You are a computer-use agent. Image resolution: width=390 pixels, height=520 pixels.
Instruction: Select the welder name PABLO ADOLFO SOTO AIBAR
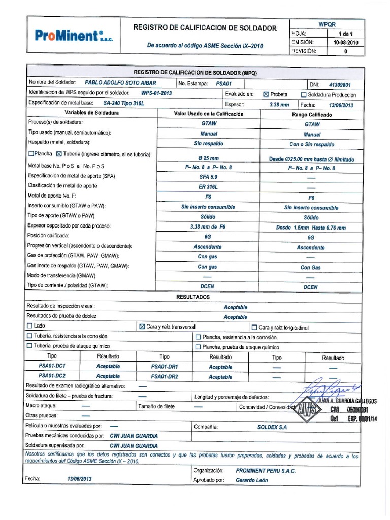(x=120, y=83)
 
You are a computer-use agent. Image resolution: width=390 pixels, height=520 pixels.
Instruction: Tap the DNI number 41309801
(x=340, y=85)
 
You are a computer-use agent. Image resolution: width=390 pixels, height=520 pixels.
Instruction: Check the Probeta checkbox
(x=266, y=94)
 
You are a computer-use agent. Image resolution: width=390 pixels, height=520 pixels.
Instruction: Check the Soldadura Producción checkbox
(x=304, y=94)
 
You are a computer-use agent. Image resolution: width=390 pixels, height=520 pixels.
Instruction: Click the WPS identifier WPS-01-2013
(x=156, y=93)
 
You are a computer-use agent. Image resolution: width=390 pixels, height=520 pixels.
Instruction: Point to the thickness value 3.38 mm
(x=279, y=105)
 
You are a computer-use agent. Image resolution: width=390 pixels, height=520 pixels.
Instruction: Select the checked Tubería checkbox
(x=58, y=154)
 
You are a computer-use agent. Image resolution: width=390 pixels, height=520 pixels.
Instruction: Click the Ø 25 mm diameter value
(x=208, y=158)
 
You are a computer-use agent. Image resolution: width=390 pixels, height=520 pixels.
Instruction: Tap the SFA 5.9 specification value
(x=208, y=177)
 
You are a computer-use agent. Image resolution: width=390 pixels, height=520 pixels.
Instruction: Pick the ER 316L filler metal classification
(x=208, y=187)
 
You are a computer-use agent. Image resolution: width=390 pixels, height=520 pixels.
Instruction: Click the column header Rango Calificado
(x=312, y=115)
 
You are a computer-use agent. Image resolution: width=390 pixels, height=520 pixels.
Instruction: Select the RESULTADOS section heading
(x=192, y=297)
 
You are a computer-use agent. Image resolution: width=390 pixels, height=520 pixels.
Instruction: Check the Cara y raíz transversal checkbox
(x=142, y=327)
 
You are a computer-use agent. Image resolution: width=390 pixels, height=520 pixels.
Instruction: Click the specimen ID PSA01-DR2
(x=165, y=377)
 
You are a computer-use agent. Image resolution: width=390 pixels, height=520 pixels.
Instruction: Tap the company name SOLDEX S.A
(x=272, y=427)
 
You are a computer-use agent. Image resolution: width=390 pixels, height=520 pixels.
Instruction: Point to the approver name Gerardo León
(x=252, y=480)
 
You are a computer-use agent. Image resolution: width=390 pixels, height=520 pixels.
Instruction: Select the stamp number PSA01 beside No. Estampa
(x=223, y=83)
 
